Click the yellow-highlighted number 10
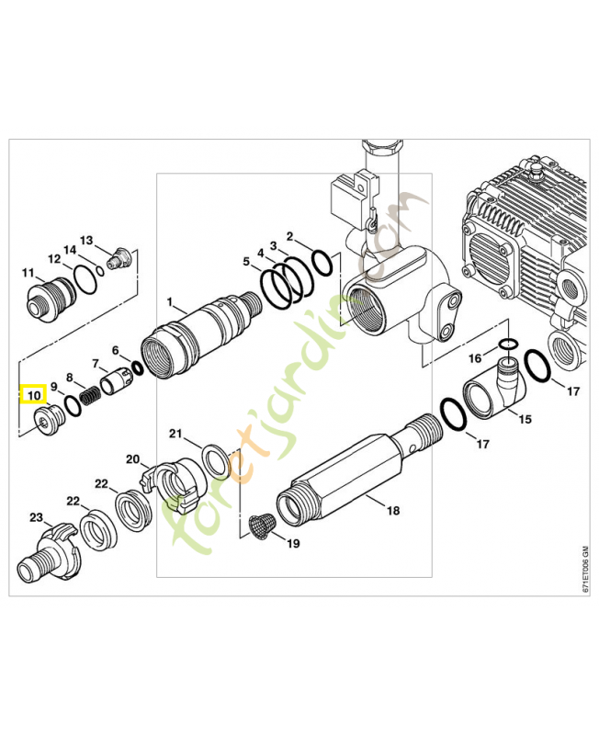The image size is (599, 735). click(34, 396)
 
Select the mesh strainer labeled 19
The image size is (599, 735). click(261, 526)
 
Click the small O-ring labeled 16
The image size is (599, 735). click(506, 345)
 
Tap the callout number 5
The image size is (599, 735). click(245, 262)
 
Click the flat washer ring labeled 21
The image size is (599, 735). click(215, 458)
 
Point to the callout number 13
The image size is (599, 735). click(87, 240)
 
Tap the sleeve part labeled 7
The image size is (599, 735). click(117, 379)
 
